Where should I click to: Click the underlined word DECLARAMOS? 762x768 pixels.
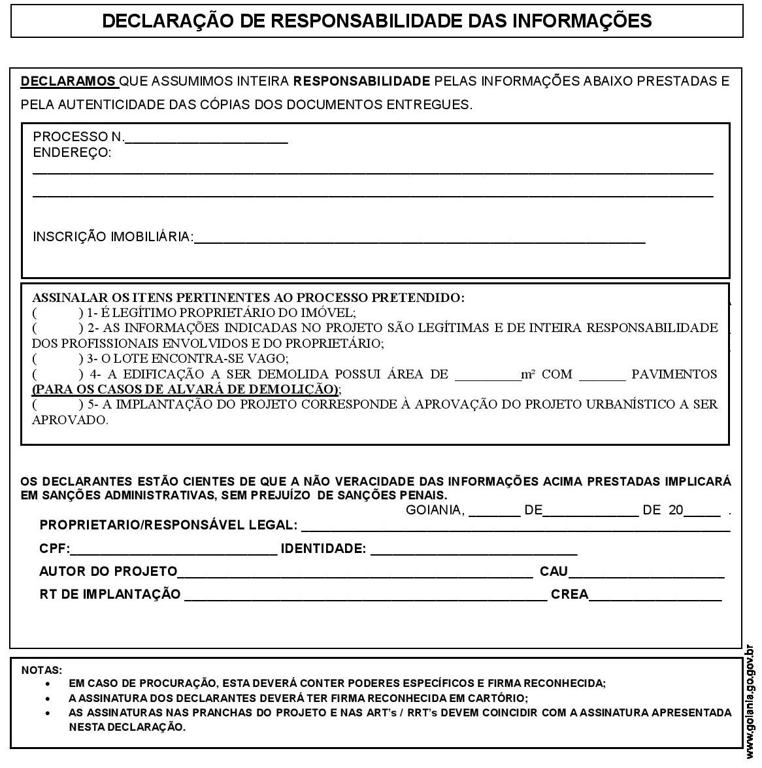coord(69,82)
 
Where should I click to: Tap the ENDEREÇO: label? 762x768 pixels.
coord(72,153)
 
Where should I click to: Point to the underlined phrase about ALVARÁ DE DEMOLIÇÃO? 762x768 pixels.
coord(186,390)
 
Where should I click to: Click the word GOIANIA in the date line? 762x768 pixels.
coord(435,510)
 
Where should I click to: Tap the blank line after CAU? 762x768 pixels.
coord(646,573)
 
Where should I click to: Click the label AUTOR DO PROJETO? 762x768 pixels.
coord(108,572)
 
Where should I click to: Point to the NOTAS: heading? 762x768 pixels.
coord(42,670)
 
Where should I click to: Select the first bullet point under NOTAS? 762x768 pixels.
coord(48,684)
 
